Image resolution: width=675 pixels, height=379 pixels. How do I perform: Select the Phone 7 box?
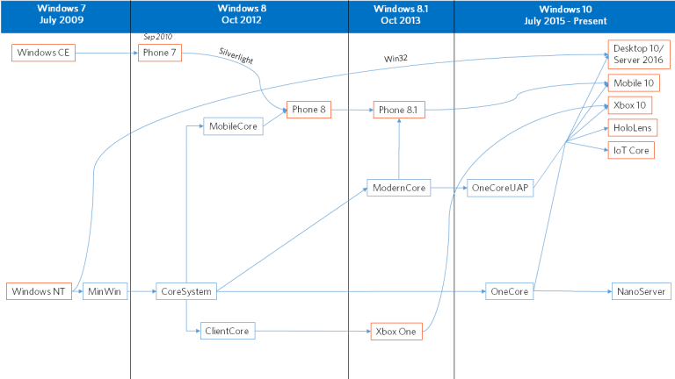point(159,54)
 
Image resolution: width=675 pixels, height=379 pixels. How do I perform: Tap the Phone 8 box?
point(310,110)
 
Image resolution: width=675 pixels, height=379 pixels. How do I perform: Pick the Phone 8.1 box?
point(400,110)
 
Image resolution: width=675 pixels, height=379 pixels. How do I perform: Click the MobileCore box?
point(233,126)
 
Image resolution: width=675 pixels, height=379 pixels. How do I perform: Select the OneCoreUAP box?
point(501,188)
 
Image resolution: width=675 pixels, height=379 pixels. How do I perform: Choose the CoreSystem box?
point(186,291)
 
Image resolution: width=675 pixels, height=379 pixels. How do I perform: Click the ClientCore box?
point(229,331)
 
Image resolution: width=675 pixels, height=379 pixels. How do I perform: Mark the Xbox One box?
point(396,331)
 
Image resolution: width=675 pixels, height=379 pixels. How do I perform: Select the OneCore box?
point(510,291)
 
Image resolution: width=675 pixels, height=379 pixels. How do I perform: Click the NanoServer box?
point(641,291)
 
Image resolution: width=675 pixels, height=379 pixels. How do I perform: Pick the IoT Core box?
point(631,150)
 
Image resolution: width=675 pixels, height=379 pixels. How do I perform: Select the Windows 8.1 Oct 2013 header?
point(401,13)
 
